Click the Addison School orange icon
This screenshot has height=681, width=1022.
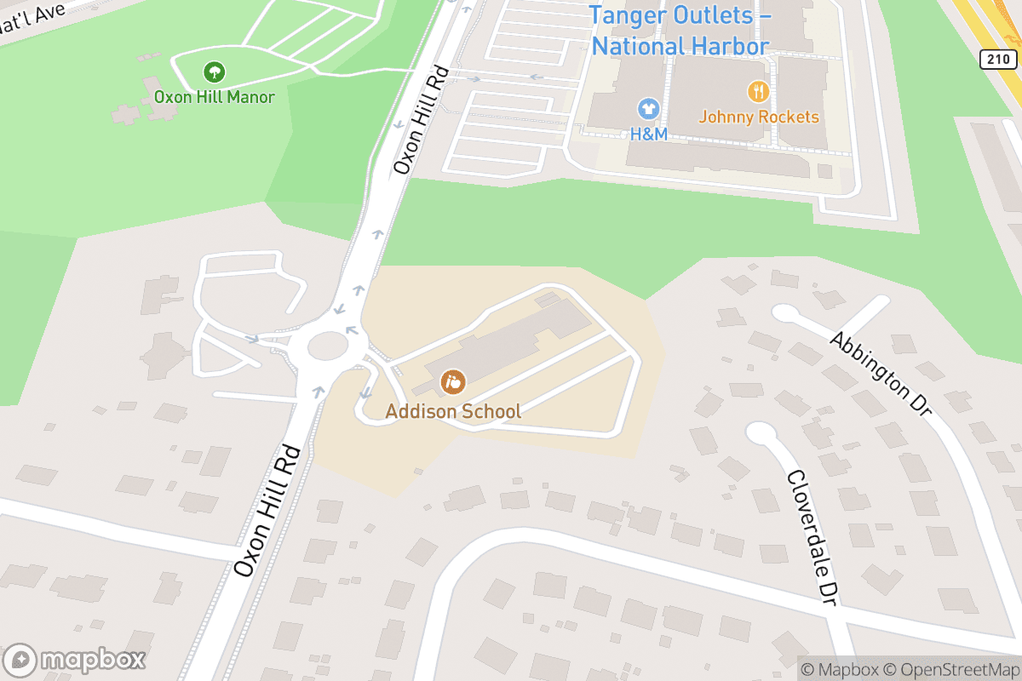[453, 382]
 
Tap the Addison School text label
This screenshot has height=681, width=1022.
[453, 412]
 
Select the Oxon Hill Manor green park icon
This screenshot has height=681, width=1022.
[215, 72]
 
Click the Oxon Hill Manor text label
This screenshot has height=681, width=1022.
[215, 97]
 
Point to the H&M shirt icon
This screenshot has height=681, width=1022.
[648, 109]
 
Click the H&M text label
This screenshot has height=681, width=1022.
[648, 134]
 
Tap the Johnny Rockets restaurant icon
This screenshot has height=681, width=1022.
[758, 91]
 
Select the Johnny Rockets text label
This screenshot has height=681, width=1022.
[758, 117]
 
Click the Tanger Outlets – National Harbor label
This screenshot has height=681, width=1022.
[680, 31]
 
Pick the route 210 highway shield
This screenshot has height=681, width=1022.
[996, 59]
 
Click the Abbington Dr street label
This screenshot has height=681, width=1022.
[881, 373]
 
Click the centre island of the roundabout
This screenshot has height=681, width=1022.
[328, 346]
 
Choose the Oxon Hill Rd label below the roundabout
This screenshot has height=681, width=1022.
[268, 511]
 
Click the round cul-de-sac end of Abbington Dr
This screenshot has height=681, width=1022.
[784, 314]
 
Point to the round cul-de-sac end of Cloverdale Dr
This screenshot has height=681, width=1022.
[760, 432]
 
